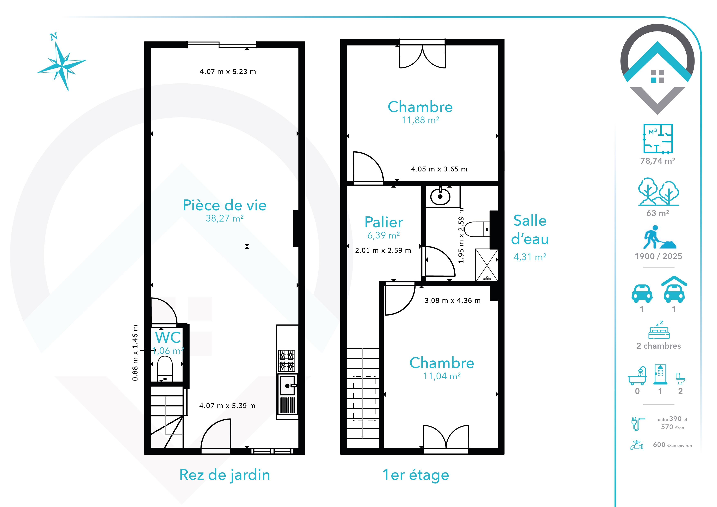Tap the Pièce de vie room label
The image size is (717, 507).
tap(225, 205)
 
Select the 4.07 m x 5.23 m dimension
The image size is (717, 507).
tap(228, 72)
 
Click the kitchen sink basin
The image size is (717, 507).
tap(287, 386)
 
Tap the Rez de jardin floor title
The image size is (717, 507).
tap(225, 475)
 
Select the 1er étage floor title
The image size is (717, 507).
tap(416, 475)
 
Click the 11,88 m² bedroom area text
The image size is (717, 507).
tap(420, 120)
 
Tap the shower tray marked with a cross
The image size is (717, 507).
tap(486, 265)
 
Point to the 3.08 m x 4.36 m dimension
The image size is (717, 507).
tap(453, 300)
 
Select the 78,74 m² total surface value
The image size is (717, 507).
tap(658, 161)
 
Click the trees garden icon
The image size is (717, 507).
tap(658, 192)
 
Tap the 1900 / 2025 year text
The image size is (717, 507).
tap(658, 256)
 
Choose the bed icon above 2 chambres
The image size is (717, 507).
tap(659, 330)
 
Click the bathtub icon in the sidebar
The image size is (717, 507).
tap(637, 376)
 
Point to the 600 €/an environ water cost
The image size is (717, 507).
tap(672, 445)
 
